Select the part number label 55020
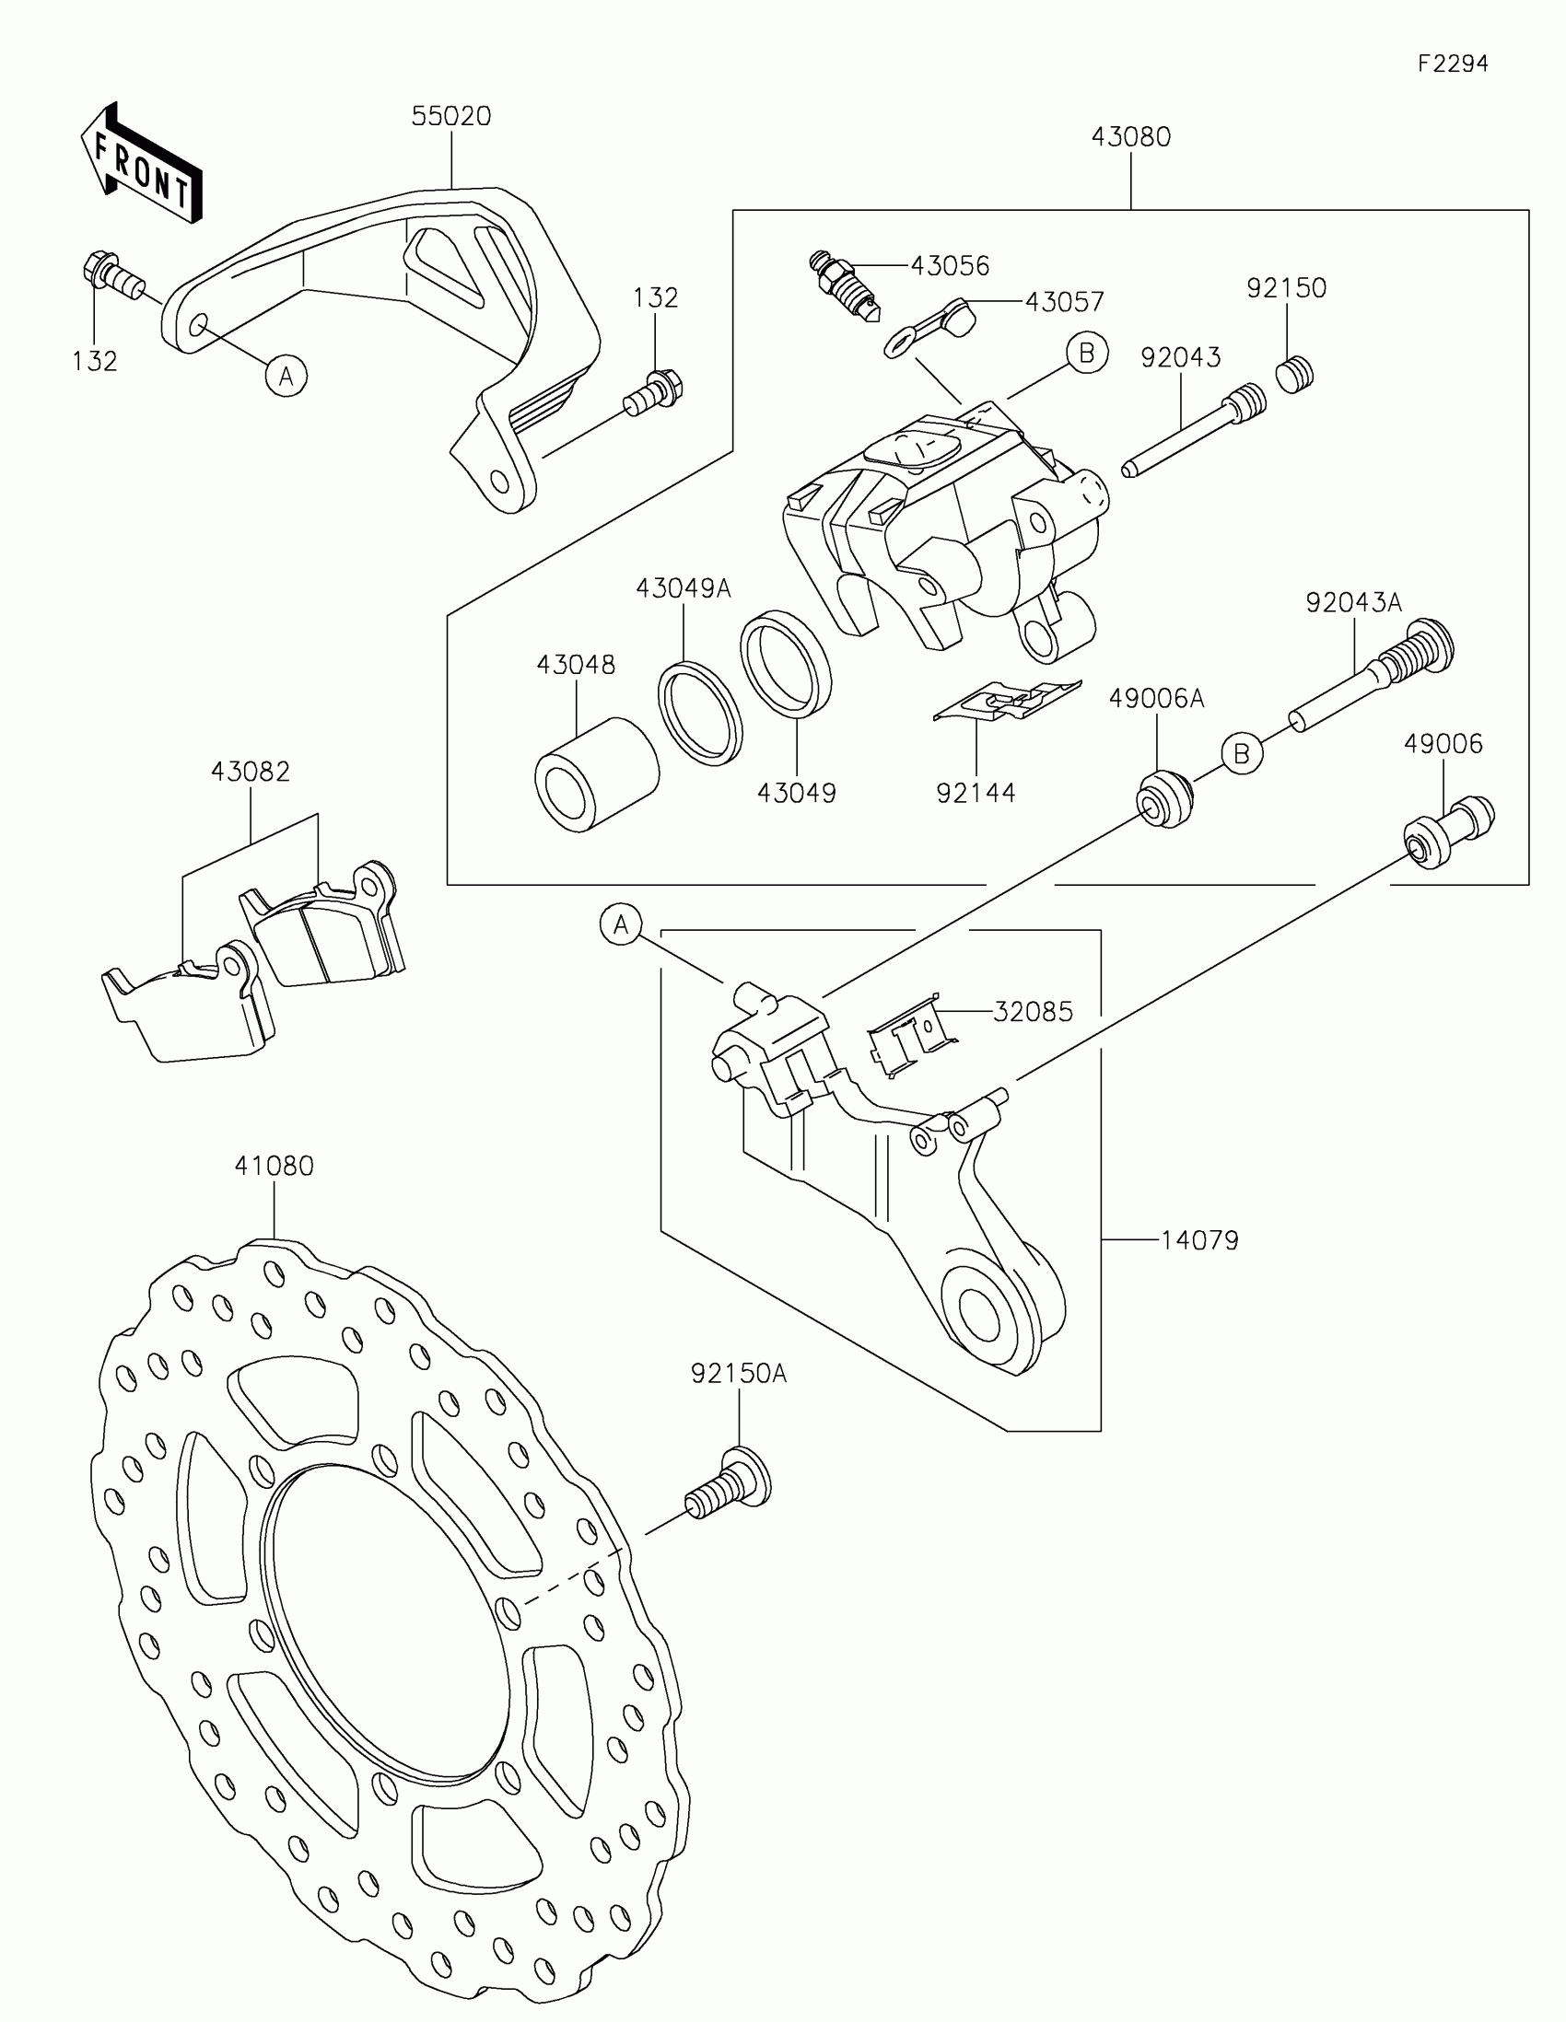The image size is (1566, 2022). [451, 117]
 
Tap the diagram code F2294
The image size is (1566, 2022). [1452, 63]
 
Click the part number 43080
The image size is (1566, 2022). [1130, 137]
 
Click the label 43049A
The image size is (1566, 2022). [684, 587]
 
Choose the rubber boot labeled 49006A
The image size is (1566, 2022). [1163, 798]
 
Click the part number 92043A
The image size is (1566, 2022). [1353, 603]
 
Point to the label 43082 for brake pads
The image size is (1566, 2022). [250, 772]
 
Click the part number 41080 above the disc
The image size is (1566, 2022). [275, 1166]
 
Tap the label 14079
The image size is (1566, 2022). [1199, 1239]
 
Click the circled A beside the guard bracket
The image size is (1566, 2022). [286, 376]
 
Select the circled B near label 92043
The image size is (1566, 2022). [1086, 353]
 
